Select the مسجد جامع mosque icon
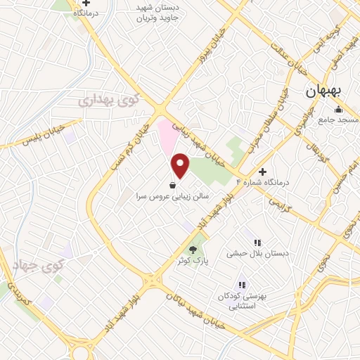[338, 109]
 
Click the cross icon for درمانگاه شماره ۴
[263, 171]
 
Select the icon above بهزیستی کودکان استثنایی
[242, 285]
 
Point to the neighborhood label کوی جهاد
[38, 265]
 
